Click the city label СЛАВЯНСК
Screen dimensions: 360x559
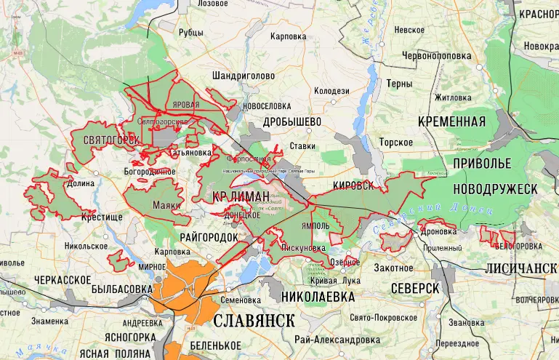pos(254,321)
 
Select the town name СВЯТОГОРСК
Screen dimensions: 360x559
pos(111,140)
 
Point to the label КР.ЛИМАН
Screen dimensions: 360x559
pos(241,196)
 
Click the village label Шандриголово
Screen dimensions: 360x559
pos(243,75)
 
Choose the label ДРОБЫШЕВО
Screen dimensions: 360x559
pos(292,121)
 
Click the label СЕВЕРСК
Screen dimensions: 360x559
pos(414,288)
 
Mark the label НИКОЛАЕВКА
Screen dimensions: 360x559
pos(318,297)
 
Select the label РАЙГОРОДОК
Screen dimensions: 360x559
pos(208,238)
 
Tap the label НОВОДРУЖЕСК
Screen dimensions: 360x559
pos(494,188)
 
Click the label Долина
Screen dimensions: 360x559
pos(81,184)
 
